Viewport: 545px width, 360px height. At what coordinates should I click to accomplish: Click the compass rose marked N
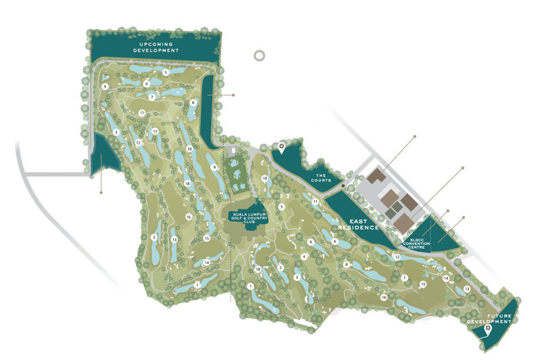[259, 55]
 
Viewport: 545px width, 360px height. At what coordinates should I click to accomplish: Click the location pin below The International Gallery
[282, 145]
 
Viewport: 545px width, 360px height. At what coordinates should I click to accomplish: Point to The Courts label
[320, 178]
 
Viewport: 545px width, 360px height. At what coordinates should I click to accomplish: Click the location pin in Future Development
[487, 329]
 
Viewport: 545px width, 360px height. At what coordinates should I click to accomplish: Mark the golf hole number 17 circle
[155, 131]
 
